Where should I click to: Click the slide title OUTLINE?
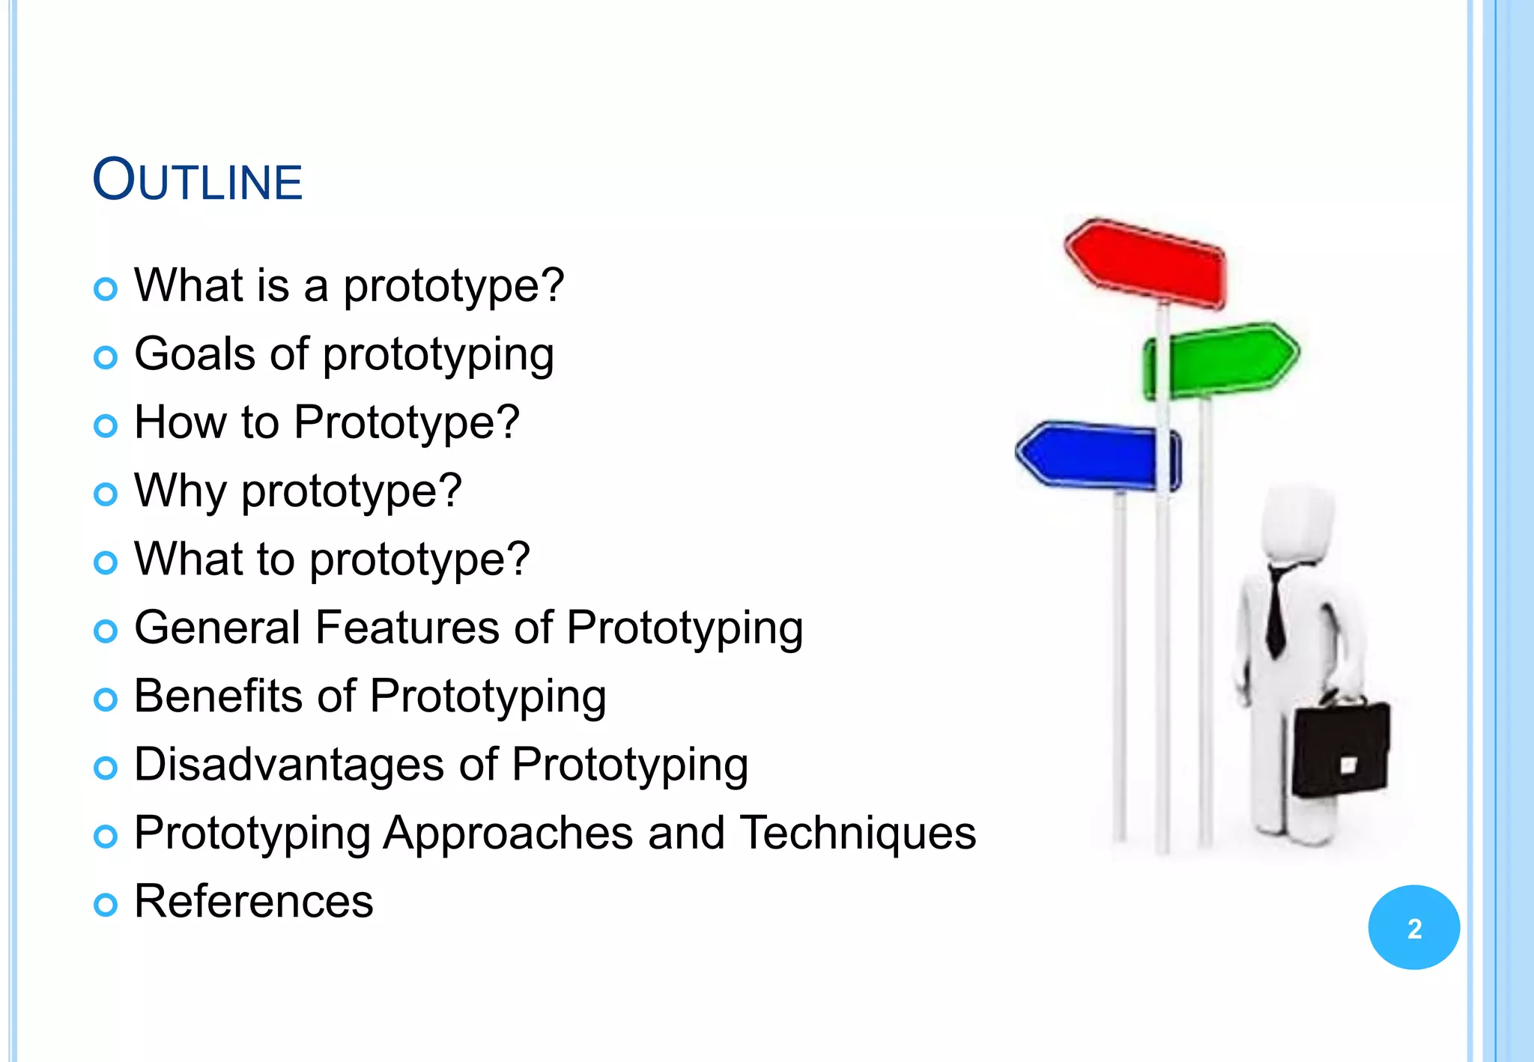[x=197, y=180]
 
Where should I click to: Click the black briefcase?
[x=1341, y=749]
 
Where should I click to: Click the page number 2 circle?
[x=1413, y=927]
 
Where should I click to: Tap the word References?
[x=253, y=901]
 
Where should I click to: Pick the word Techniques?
[x=858, y=833]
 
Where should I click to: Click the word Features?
[x=407, y=628]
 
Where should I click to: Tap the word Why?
[x=180, y=491]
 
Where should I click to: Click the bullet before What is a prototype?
[x=106, y=289]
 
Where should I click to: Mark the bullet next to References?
[x=106, y=905]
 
